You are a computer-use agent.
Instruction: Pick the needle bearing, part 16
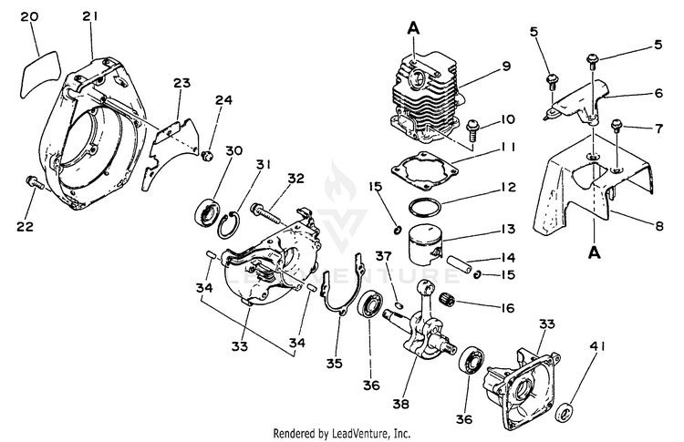pos(447,299)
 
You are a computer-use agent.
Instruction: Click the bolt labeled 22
pos(35,182)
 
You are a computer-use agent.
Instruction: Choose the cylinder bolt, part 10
pos(475,128)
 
